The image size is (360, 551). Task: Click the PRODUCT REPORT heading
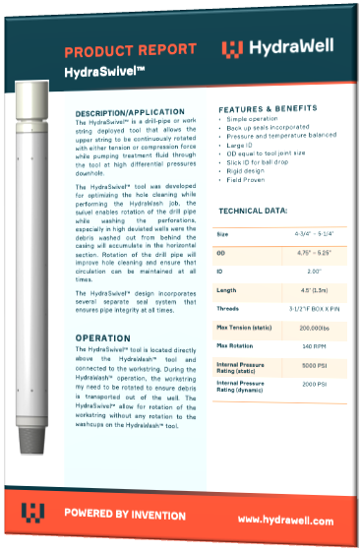(126, 52)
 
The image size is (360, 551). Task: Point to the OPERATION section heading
(103, 338)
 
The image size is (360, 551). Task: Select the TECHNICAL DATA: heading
(254, 211)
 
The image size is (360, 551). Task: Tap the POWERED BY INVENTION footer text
(125, 514)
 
